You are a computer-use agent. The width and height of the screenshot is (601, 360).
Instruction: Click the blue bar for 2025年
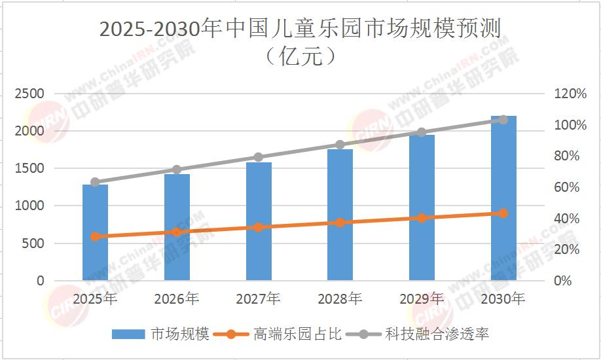pyautogui.click(x=95, y=232)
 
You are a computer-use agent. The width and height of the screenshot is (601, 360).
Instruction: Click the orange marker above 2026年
pyautogui.click(x=177, y=232)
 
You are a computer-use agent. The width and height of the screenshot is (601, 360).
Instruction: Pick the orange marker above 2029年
pyautogui.click(x=422, y=217)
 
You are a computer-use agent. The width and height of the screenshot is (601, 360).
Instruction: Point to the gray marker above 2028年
pyautogui.click(x=340, y=145)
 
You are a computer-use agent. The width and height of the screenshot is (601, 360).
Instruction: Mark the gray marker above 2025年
pyautogui.click(x=95, y=182)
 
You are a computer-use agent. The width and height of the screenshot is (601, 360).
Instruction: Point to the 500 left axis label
pyautogui.click(x=34, y=243)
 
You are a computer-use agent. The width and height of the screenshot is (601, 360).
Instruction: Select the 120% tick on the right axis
pyautogui.click(x=570, y=94)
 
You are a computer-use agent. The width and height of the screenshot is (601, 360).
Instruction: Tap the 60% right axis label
pyautogui.click(x=567, y=187)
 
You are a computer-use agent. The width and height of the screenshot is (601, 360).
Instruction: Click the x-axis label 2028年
pyautogui.click(x=340, y=299)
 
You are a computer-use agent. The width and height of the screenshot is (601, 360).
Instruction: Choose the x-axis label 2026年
pyautogui.click(x=177, y=299)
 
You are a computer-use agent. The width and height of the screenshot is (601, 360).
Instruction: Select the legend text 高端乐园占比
pyautogui.click(x=298, y=334)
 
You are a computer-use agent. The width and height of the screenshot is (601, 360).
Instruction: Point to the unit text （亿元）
pyautogui.click(x=300, y=56)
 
